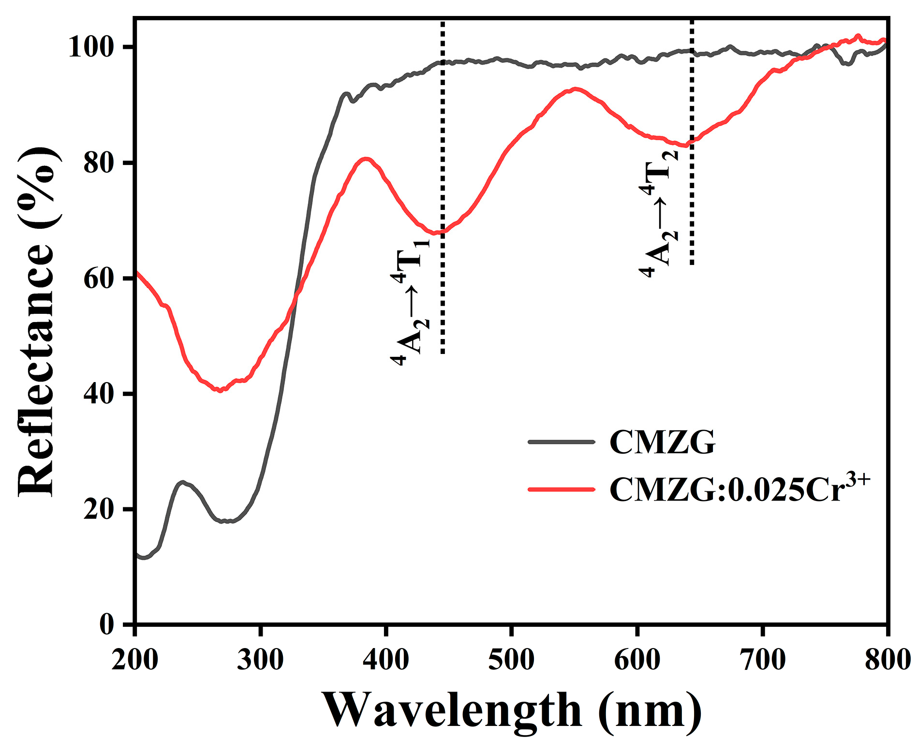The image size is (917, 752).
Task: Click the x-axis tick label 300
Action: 260,659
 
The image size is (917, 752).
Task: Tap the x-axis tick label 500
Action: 511,659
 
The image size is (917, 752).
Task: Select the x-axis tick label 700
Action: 762,659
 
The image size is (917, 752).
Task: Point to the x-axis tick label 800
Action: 887,659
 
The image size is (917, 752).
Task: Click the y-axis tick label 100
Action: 91,47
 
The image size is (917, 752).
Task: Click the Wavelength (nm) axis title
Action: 511,710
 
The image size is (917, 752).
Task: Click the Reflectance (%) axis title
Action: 38,322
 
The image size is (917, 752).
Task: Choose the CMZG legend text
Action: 662,442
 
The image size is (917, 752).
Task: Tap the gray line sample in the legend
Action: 561,442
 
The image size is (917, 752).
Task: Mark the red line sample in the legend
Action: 561,489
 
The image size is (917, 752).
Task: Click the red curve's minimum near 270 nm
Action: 220,390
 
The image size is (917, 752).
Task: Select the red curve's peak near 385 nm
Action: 366,159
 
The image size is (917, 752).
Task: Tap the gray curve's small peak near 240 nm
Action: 182,483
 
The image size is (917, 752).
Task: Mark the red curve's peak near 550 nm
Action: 575,89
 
